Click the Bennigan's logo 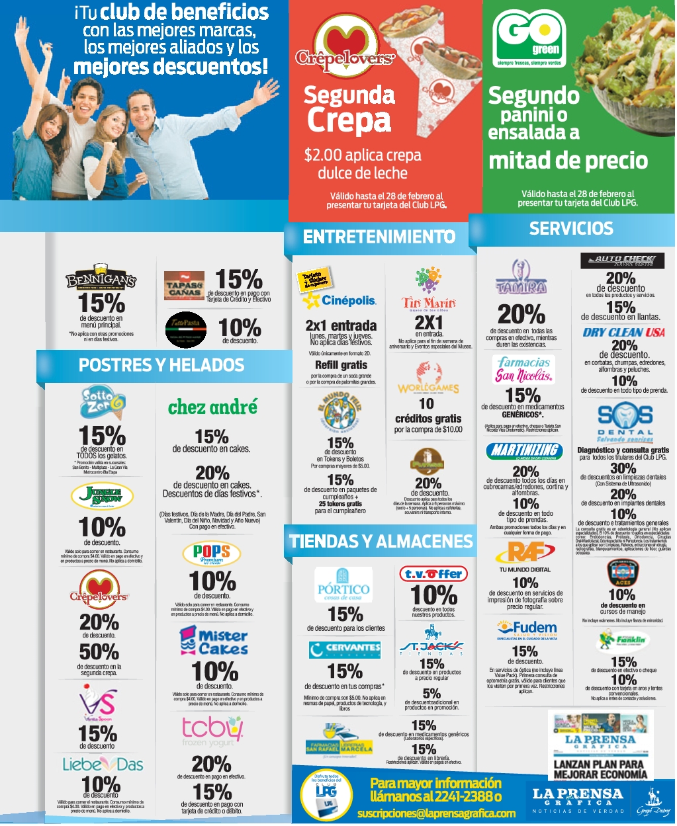coord(101,278)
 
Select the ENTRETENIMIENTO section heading coord(379,237)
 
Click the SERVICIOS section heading coord(571,229)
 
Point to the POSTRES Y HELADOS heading coord(161,365)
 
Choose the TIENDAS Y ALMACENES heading coord(381,542)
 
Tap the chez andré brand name coord(212,407)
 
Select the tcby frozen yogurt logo coord(212,731)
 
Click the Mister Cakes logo coord(213,641)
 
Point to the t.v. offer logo coord(433,574)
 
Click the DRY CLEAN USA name coord(623,332)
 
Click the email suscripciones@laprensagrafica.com coord(436,813)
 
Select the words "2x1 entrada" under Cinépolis coord(341,325)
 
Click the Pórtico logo coord(343,584)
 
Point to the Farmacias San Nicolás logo coord(523,369)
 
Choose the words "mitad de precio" coord(568,161)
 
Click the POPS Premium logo coord(211,554)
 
